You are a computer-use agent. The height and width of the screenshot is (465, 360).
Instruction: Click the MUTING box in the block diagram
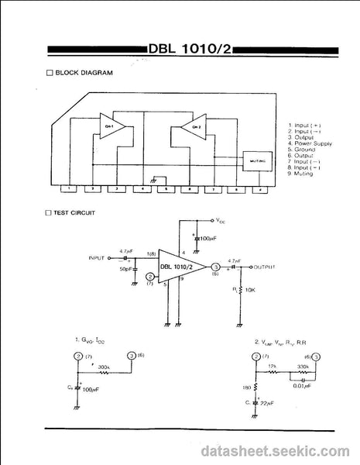(x=258, y=160)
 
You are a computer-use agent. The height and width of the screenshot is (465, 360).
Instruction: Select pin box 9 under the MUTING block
(x=260, y=188)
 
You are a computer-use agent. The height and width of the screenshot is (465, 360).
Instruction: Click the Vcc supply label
(x=221, y=220)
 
